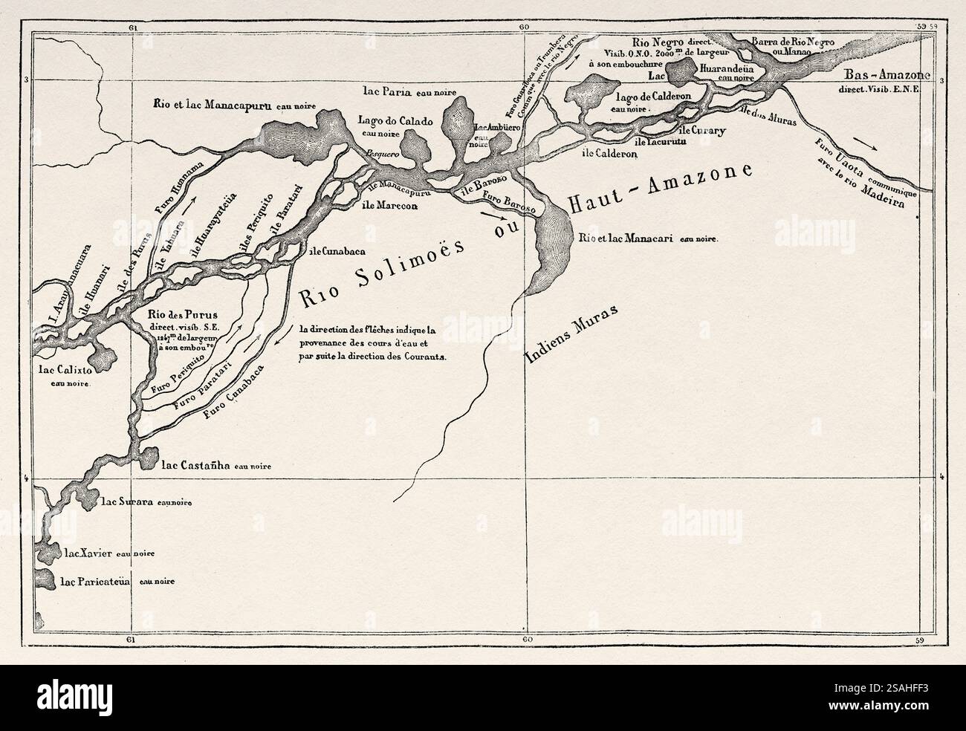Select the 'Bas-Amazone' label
[882, 75]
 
